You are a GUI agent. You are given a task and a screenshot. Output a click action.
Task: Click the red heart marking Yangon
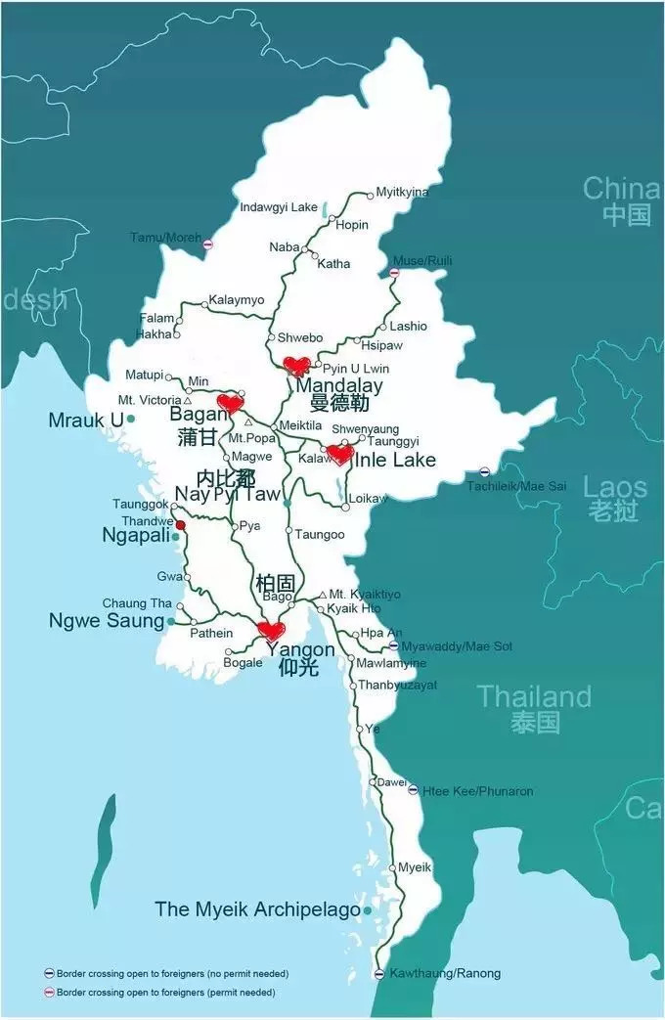point(271,631)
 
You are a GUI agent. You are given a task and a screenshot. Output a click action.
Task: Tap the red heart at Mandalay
point(296,367)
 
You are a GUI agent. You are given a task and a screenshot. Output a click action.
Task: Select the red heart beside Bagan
point(230,403)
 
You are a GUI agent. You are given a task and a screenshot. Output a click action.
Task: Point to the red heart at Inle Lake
point(339,454)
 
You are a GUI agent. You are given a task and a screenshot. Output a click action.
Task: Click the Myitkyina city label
point(402,193)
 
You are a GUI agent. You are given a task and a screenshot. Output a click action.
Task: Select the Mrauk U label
point(86,420)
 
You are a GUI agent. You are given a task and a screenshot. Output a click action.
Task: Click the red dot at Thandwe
point(180,525)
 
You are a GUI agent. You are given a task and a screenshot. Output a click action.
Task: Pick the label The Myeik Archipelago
point(257,909)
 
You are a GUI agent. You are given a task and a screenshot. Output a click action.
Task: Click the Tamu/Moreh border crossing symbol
point(207,244)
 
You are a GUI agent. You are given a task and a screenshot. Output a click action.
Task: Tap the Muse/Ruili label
point(421,261)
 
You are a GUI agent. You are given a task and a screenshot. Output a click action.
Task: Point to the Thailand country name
point(534,697)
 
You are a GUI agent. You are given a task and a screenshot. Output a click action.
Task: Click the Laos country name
point(615,487)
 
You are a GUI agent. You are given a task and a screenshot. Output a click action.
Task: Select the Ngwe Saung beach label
point(107,621)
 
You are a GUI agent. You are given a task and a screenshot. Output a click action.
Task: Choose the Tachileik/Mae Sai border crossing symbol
point(485,470)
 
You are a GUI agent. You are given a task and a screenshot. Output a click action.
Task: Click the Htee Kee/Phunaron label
point(477,791)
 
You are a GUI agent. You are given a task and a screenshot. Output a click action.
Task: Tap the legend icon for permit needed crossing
point(49,993)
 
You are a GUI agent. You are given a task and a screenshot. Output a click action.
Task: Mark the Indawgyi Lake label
point(279,207)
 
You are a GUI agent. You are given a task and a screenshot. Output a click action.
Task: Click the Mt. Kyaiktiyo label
point(364,595)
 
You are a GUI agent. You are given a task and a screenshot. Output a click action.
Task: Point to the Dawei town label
point(392,781)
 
